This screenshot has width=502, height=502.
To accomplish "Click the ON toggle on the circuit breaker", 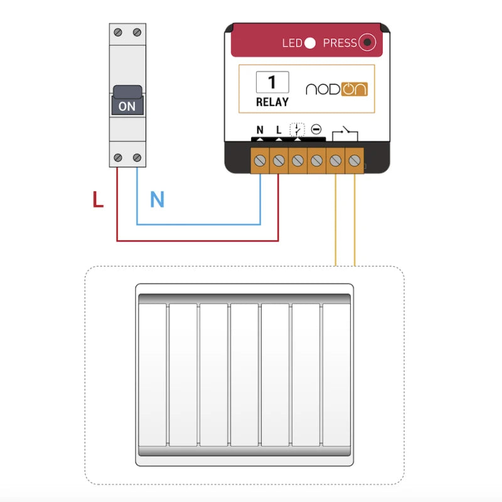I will [127, 105].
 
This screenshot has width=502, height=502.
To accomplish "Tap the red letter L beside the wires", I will [98, 200].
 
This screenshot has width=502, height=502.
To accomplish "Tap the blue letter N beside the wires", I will [157, 200].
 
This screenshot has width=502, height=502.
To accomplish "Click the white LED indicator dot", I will [310, 43].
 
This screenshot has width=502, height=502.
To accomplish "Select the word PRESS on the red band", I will [339, 43].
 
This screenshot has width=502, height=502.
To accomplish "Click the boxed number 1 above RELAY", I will [272, 82].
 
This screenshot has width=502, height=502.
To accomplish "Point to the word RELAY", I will [272, 102].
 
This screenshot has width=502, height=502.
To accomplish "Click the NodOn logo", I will [336, 88].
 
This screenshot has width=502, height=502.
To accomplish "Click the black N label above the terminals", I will [260, 130].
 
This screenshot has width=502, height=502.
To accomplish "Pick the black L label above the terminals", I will [279, 130].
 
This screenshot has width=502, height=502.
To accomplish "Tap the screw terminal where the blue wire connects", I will [260, 161].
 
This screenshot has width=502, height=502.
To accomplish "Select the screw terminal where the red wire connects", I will [279, 161].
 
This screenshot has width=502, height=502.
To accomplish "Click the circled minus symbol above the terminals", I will [316, 130].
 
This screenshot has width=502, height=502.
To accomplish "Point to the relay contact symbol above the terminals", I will [344, 133].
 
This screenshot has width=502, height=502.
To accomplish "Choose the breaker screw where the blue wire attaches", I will [137, 158].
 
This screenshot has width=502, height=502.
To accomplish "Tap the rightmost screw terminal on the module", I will [355, 161].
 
